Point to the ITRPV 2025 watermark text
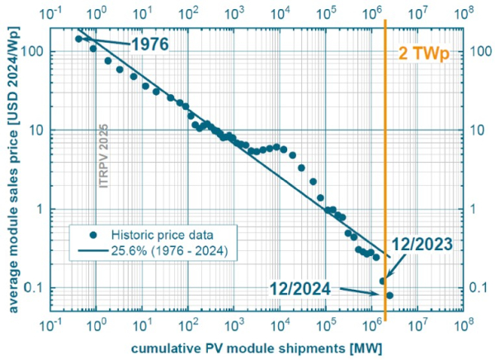point(104,158)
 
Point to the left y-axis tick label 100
point(34,50)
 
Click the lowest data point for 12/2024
point(390,295)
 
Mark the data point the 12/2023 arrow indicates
point(383,281)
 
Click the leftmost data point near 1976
point(78,39)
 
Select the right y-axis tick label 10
point(477,130)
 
